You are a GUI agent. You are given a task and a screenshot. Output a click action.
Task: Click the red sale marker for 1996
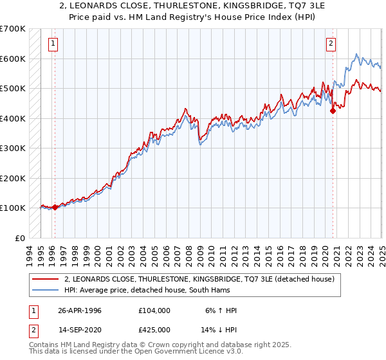[x=55, y=207]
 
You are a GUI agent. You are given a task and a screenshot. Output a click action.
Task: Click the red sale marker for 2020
[x=333, y=111]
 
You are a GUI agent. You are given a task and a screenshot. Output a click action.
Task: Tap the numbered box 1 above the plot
[x=52, y=44]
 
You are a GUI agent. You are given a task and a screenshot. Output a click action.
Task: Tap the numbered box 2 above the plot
[x=331, y=44]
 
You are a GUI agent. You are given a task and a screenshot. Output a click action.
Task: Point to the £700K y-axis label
[x=13, y=29]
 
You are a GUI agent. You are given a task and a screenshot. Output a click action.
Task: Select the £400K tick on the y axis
[x=13, y=118]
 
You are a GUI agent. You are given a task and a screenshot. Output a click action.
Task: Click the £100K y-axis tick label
[x=13, y=208]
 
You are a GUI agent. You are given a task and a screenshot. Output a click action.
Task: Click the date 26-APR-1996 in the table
[x=80, y=310]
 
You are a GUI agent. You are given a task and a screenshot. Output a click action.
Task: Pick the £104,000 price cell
[x=154, y=310]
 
